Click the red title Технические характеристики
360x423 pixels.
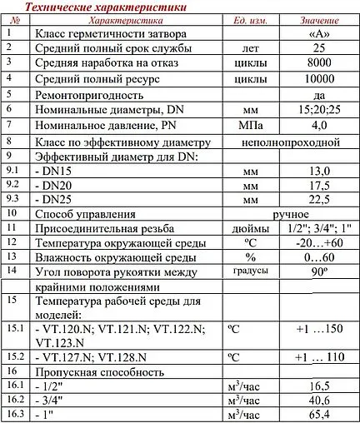[x=105, y=7]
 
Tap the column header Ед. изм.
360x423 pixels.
[x=247, y=19]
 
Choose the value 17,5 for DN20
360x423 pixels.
[x=317, y=186]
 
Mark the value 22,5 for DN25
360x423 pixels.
[x=317, y=201]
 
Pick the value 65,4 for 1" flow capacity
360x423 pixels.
[x=317, y=415]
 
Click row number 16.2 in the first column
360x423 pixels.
[x=13, y=401]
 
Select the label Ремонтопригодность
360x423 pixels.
[x=93, y=94]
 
